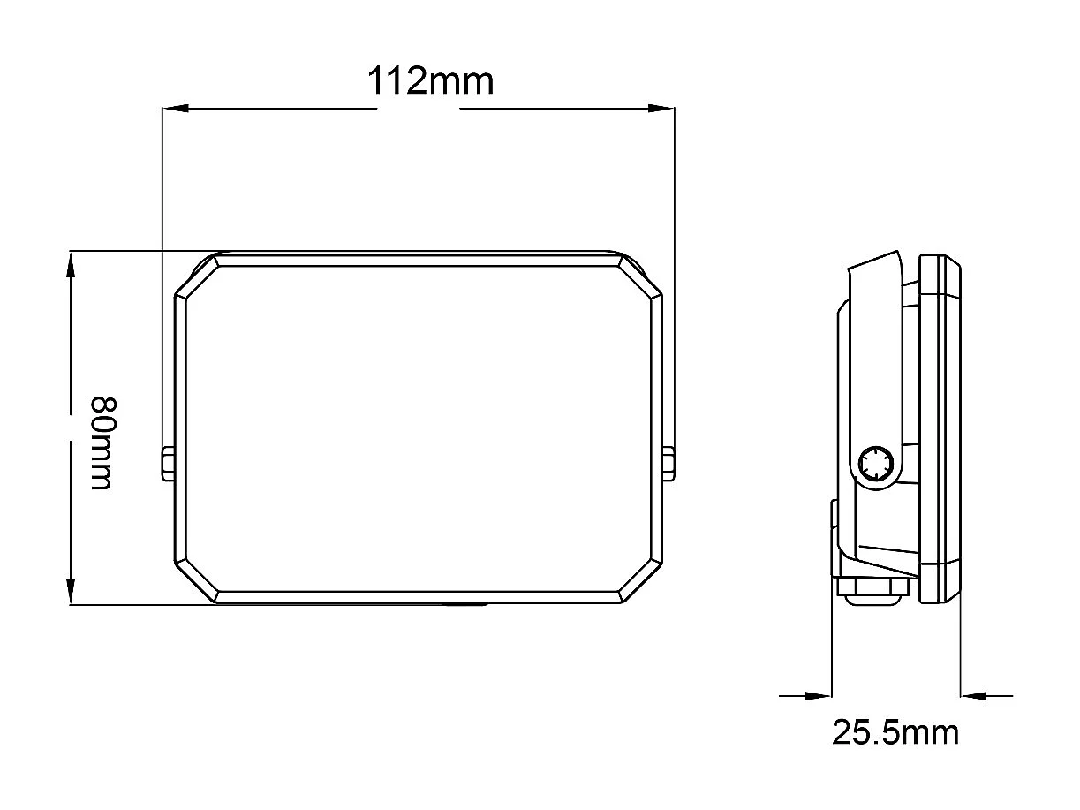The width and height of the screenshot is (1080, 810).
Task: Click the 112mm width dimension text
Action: (430, 81)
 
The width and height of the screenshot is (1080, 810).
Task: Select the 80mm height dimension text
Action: (102, 443)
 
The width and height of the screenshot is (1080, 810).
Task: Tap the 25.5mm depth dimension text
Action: (895, 732)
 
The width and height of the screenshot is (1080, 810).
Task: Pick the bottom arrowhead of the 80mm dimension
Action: (72, 591)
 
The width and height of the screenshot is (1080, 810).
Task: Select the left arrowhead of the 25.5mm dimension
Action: (819, 696)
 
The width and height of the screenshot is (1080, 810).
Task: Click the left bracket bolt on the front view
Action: (168, 464)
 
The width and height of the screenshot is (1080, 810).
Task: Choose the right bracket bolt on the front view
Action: (669, 464)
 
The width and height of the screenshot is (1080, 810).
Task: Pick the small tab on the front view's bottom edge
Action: (465, 605)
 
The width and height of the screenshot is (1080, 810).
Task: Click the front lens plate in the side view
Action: (940, 428)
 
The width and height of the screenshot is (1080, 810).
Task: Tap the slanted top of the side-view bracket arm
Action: (874, 262)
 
